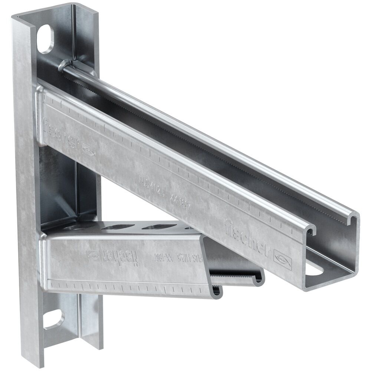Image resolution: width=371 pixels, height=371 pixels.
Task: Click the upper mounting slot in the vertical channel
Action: pos(46,38)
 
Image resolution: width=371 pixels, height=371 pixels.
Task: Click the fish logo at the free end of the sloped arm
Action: pos(283,260)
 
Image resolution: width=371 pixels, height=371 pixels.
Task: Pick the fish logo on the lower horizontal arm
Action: pos(94,255)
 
